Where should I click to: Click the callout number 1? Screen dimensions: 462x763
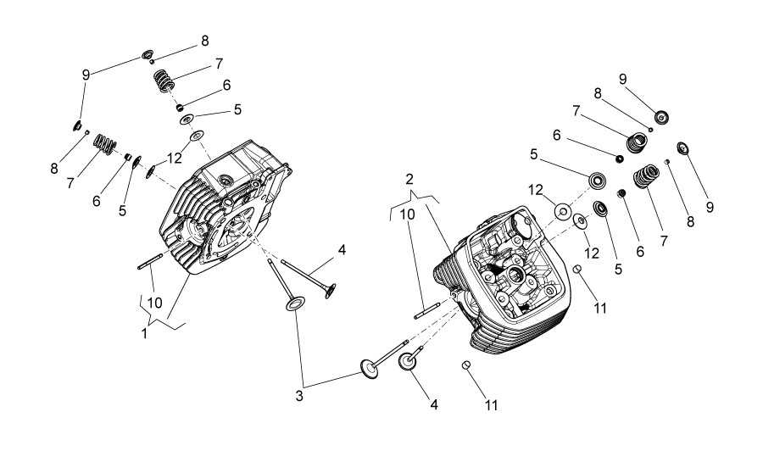144,333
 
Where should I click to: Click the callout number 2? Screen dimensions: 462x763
409,179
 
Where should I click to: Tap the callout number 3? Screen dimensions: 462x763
299,395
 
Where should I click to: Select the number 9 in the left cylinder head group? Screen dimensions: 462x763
86,75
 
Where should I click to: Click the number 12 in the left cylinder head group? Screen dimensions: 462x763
175,158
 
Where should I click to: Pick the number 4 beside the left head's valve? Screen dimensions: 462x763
342,250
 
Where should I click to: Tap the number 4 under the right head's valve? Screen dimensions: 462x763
433,404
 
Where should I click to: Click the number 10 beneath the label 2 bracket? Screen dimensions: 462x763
408,214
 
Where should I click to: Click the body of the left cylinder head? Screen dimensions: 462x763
225,212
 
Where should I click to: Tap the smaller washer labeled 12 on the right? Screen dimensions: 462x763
582,221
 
